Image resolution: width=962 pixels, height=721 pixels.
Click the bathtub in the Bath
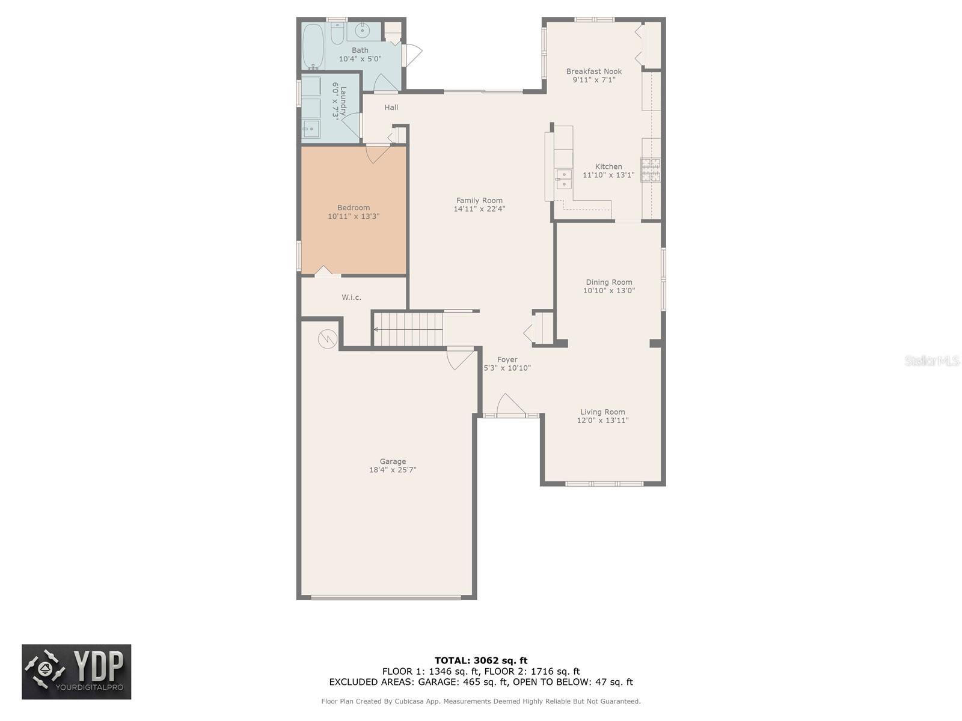tap(312, 46)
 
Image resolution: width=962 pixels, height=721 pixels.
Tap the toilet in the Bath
tap(337, 34)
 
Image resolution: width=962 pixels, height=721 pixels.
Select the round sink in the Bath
tap(363, 31)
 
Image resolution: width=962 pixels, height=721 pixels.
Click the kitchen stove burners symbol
tap(650, 170)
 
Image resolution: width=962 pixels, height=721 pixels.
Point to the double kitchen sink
tap(563, 180)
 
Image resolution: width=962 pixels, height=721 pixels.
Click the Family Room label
tap(479, 201)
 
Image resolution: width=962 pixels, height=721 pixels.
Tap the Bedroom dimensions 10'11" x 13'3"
tap(354, 216)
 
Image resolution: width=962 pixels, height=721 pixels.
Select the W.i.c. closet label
tap(351, 297)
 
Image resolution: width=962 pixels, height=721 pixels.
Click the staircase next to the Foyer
tap(409, 329)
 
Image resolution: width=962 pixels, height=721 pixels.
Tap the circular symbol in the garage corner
tap(327, 339)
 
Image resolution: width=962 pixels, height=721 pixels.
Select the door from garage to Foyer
tap(460, 358)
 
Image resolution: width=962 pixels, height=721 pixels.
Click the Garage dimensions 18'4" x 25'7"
tap(393, 470)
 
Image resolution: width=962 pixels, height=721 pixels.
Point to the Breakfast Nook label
tap(594, 71)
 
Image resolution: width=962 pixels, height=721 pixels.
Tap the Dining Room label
tap(609, 282)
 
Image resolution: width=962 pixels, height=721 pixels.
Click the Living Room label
tap(602, 412)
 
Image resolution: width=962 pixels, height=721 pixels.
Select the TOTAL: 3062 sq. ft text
tap(481, 660)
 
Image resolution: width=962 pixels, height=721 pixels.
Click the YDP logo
tap(76, 672)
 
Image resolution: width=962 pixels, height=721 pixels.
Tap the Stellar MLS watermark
tap(932, 360)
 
